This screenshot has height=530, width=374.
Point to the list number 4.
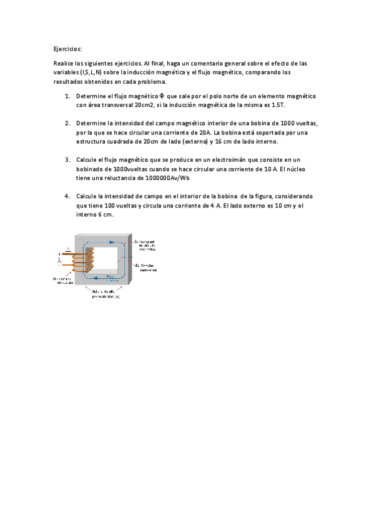tap(67, 196)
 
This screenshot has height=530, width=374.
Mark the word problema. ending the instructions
tap(151, 82)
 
